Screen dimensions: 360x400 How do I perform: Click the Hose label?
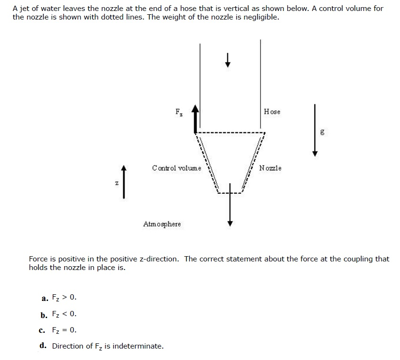(272, 112)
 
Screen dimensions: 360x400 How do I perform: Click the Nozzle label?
(270, 168)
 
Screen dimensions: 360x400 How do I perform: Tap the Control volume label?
(176, 168)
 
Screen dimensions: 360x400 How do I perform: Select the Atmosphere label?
(162, 224)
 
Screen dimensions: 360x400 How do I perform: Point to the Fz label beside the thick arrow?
(178, 113)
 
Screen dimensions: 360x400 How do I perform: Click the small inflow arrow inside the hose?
(228, 60)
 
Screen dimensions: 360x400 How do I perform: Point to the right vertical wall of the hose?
(260, 76)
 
